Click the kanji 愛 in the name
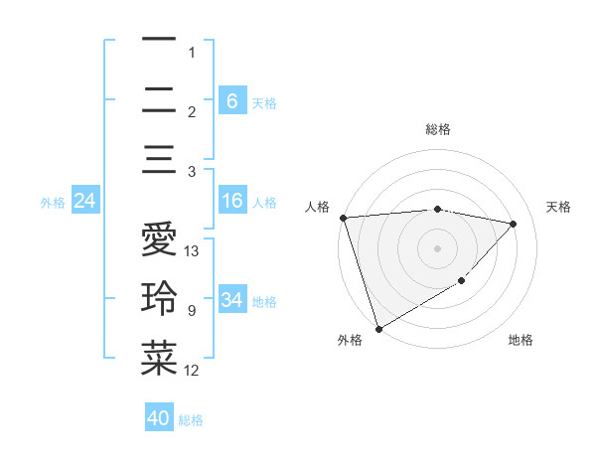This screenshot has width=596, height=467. [158, 240]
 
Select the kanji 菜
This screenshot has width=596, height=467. [158, 359]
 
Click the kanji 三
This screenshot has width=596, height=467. [158, 160]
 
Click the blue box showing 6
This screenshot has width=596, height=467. [231, 100]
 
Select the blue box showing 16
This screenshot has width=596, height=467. [231, 202]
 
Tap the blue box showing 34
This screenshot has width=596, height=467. [231, 300]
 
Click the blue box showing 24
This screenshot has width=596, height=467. [85, 202]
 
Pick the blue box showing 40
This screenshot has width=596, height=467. [159, 418]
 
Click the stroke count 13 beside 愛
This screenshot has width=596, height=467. [192, 251]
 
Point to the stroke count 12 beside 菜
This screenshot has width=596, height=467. [192, 371]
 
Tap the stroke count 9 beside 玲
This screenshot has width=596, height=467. [191, 311]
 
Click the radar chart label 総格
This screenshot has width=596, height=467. [437, 129]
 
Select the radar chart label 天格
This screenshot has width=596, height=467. [558, 207]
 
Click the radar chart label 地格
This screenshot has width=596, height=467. [521, 340]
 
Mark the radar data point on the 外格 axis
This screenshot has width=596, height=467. [378, 328]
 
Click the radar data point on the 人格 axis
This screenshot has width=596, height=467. [343, 218]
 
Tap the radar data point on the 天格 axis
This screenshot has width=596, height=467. [514, 224]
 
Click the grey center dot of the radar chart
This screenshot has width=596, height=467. [437, 247]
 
